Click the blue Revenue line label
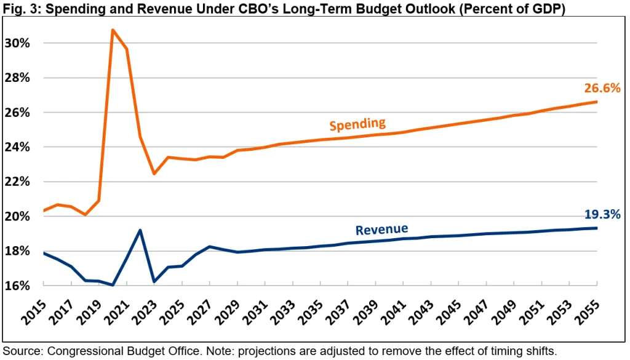[381, 230]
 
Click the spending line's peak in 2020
[113, 30]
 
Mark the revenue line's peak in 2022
[140, 230]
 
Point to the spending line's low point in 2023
[154, 174]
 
